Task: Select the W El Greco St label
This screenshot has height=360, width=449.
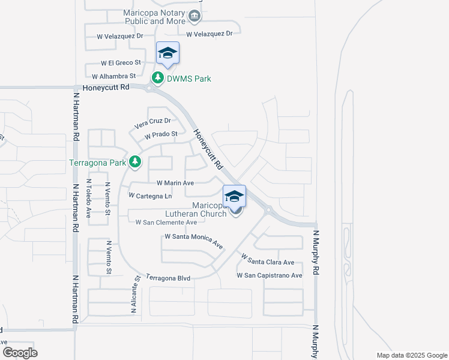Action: (x=121, y=62)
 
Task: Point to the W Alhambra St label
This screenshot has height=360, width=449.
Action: (x=114, y=76)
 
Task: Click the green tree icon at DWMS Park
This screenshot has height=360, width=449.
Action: (x=158, y=78)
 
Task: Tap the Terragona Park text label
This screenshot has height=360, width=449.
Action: (x=97, y=163)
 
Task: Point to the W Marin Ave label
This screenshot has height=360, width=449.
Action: (x=175, y=183)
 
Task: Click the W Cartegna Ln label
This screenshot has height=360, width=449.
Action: (x=151, y=196)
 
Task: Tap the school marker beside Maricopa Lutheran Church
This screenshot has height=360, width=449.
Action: (x=234, y=196)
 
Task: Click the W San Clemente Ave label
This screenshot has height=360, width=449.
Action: (x=166, y=222)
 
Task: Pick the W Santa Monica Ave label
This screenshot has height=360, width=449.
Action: (x=194, y=241)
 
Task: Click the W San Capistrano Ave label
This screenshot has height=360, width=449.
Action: (x=270, y=275)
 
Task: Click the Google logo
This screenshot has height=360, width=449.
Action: (x=20, y=353)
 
